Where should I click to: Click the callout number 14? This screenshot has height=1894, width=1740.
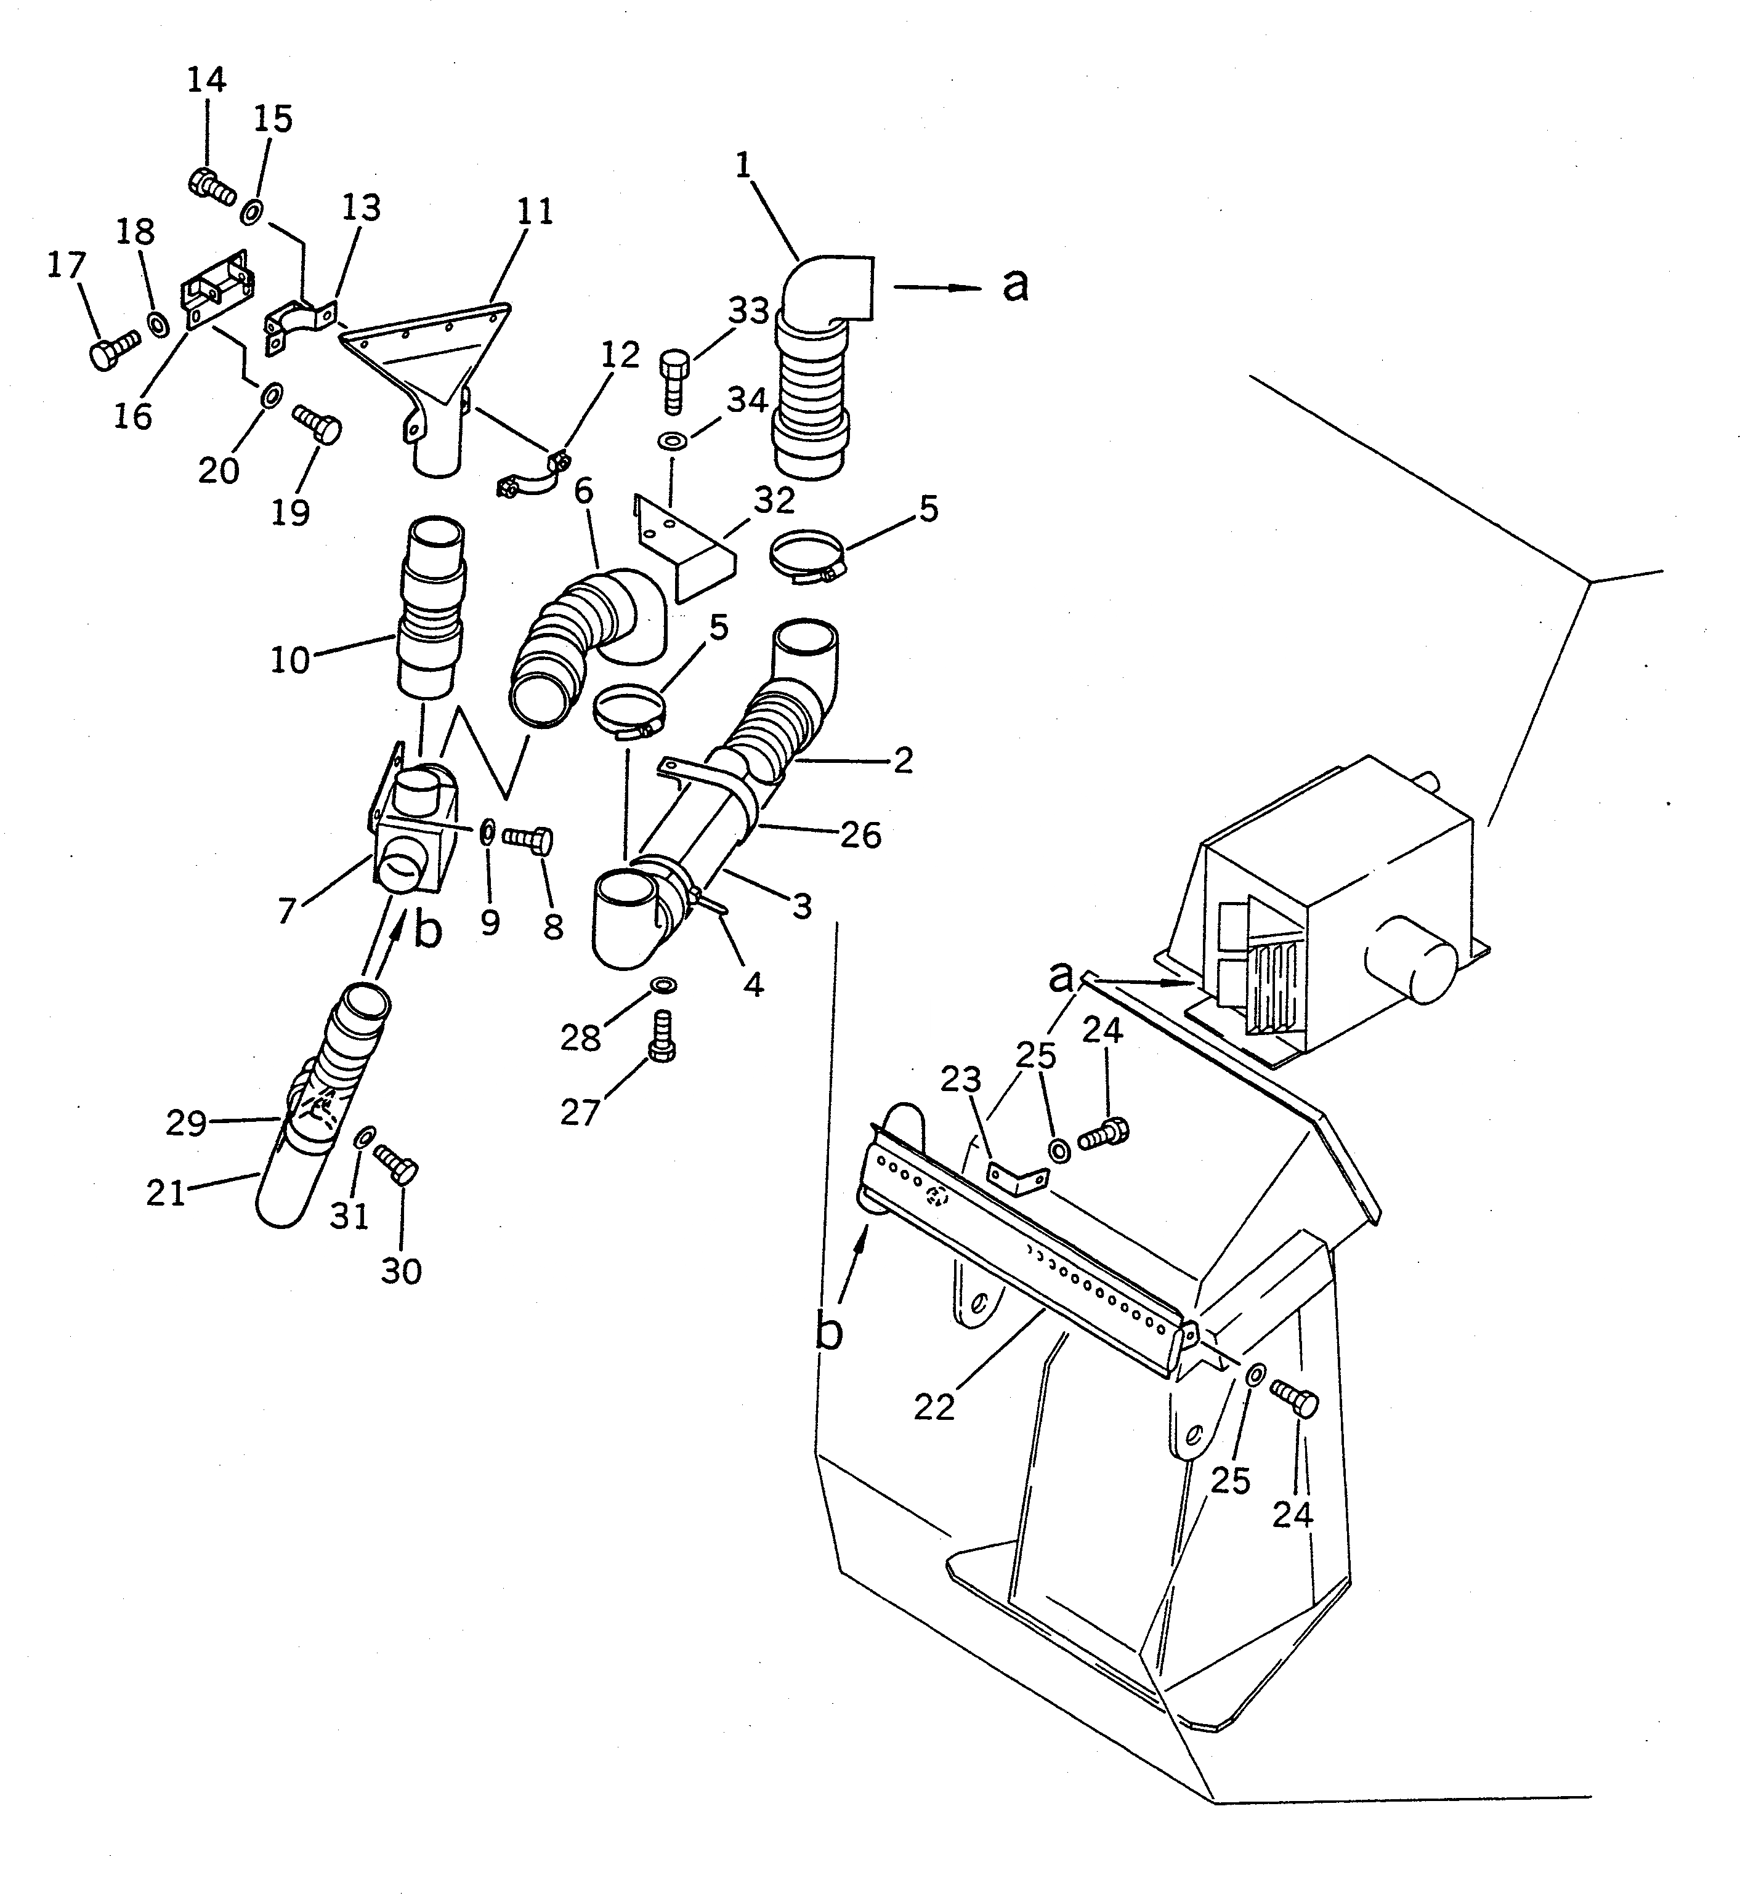click(x=206, y=80)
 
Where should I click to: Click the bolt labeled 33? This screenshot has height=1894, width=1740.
click(x=674, y=381)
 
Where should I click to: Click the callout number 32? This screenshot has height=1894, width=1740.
click(x=774, y=501)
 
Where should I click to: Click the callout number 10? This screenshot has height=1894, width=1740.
click(x=290, y=660)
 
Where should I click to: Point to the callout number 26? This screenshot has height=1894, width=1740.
click(x=860, y=834)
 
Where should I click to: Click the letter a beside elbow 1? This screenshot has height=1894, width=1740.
click(x=1015, y=284)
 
